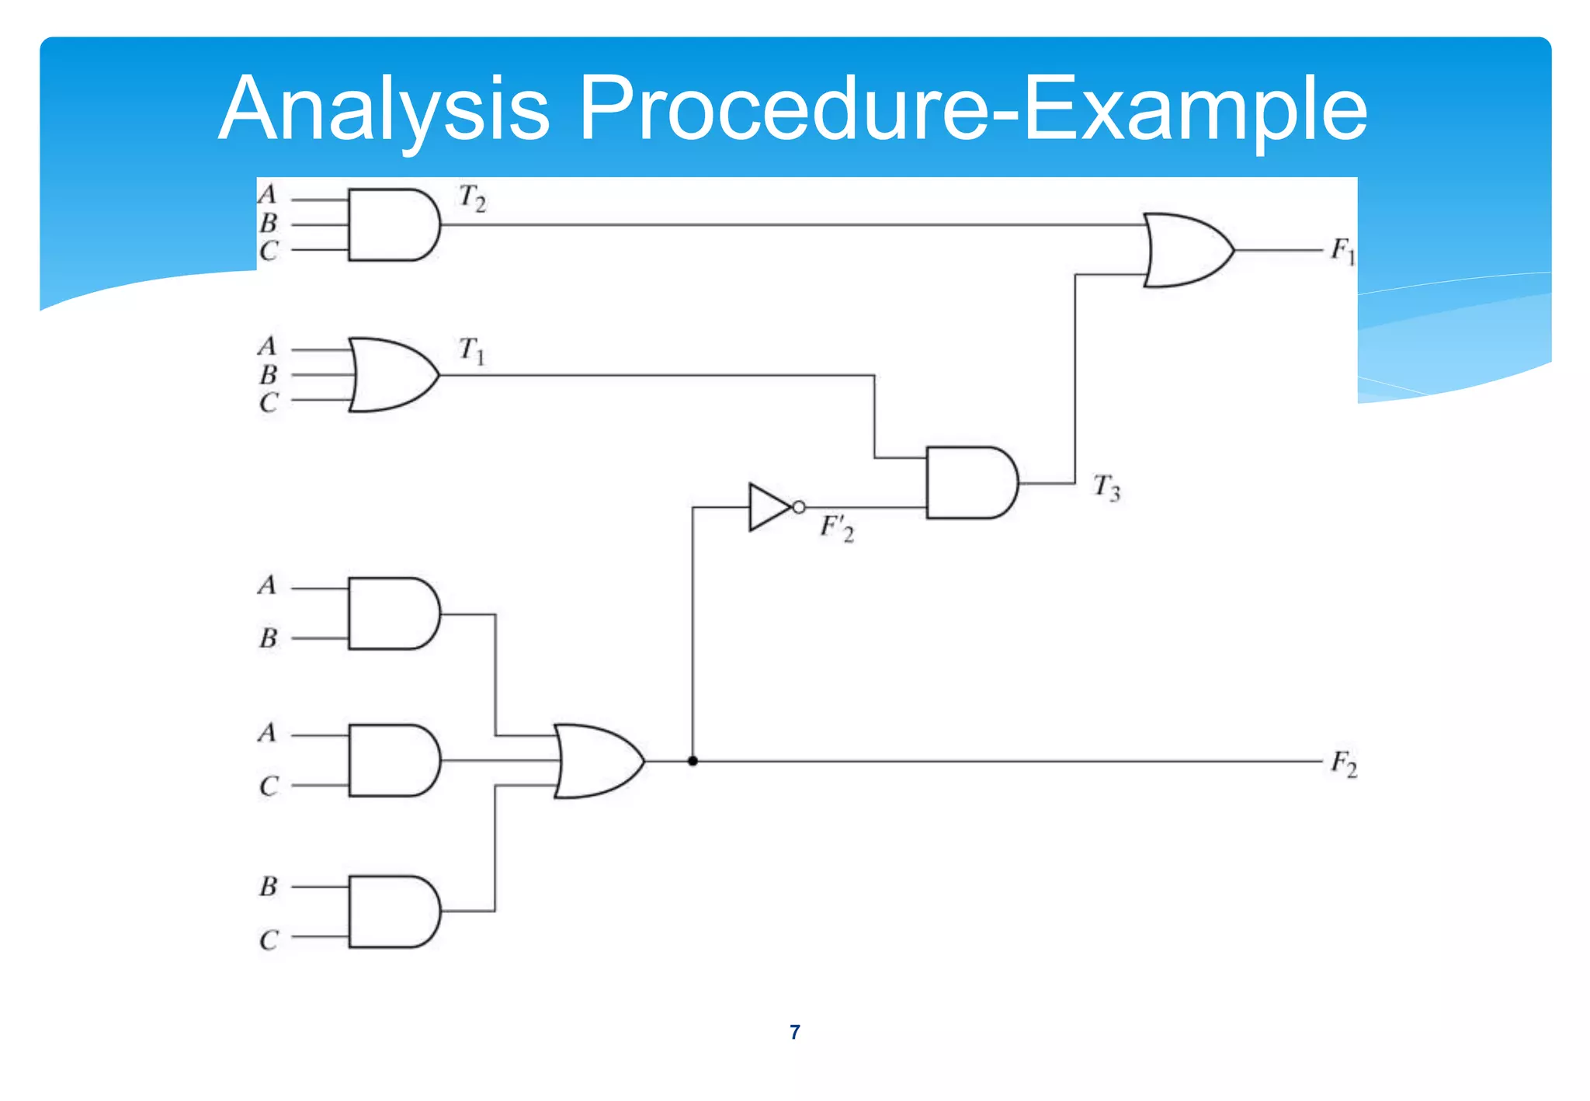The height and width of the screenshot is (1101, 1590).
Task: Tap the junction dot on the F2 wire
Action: (x=693, y=761)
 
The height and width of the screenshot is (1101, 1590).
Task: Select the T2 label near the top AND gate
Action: (x=472, y=198)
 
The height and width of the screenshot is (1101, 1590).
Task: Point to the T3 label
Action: (x=1106, y=488)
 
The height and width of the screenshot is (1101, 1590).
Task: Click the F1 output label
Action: (x=1342, y=251)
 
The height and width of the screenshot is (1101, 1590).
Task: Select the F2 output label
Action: (x=1344, y=763)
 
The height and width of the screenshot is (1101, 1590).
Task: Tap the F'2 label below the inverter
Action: (x=837, y=528)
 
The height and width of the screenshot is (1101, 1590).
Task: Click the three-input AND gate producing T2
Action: (x=393, y=224)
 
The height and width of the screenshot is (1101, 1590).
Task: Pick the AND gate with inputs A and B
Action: (x=393, y=613)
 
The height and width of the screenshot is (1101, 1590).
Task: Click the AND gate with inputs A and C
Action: (x=393, y=760)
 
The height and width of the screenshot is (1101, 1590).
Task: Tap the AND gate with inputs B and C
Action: (x=393, y=912)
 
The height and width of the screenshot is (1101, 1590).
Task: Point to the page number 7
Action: (x=794, y=1032)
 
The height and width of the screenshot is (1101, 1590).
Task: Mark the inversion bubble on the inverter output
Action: (x=798, y=507)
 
